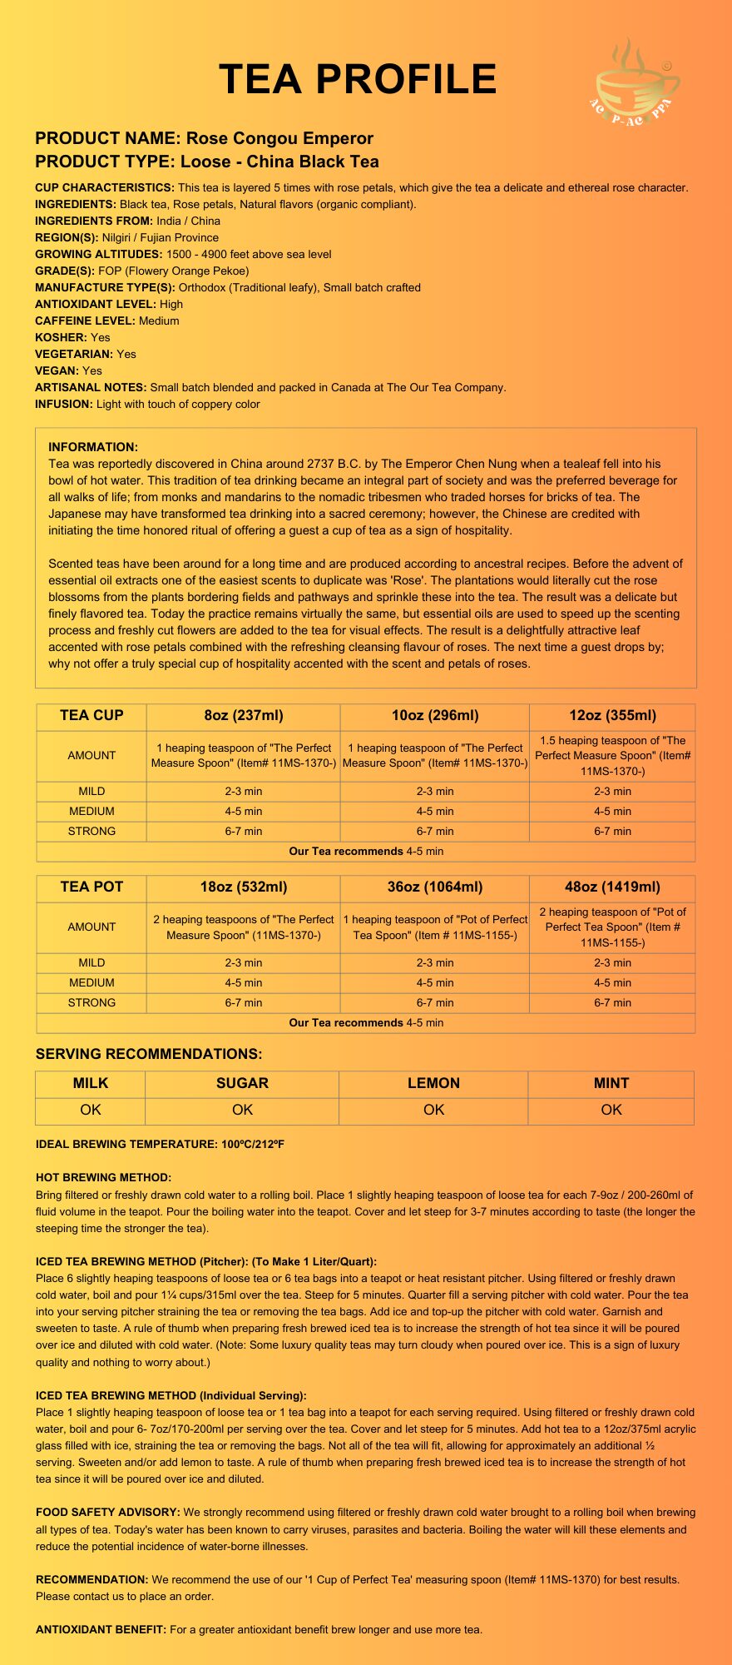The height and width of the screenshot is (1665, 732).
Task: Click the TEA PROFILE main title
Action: [358, 80]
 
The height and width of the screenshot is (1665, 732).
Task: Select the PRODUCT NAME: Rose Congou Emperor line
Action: [204, 138]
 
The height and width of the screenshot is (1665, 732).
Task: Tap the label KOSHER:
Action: [61, 337]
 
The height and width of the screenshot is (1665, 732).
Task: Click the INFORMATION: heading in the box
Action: [93, 447]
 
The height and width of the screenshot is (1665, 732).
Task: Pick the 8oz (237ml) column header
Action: [243, 715]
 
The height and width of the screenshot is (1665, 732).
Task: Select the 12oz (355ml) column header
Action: [612, 715]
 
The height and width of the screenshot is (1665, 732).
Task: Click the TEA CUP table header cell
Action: [91, 715]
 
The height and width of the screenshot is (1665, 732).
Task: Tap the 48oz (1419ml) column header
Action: [612, 887]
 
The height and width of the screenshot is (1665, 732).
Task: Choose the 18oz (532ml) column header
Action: [243, 887]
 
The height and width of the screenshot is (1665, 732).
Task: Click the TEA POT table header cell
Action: [91, 887]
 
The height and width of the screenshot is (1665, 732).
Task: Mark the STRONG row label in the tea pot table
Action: [91, 1002]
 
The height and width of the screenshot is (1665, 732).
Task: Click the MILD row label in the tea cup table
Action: [91, 791]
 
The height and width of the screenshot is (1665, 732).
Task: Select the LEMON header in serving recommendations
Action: [433, 1083]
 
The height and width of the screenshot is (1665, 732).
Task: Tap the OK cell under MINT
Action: [611, 1110]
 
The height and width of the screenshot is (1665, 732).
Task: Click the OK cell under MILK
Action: [91, 1110]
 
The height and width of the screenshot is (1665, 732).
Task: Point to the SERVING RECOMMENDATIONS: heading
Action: [149, 1054]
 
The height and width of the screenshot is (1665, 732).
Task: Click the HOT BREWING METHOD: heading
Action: [103, 1177]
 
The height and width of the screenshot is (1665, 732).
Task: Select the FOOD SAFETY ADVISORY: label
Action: [107, 1512]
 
